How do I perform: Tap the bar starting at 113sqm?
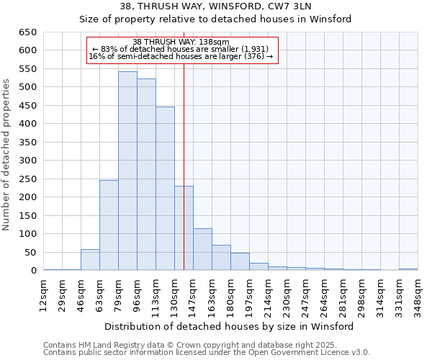point(165,189)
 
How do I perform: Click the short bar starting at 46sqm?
point(90,260)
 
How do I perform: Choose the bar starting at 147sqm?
point(202,249)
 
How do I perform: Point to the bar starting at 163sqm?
point(221,258)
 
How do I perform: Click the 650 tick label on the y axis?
point(28,32)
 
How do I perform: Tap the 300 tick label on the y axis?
point(28,161)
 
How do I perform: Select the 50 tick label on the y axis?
point(31,252)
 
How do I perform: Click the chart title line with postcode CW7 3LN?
point(215,6)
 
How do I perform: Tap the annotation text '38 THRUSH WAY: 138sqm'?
point(181,42)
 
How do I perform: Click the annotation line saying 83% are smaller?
point(181,49)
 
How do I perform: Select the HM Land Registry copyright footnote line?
point(201,345)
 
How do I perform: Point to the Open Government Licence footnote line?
point(207,353)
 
